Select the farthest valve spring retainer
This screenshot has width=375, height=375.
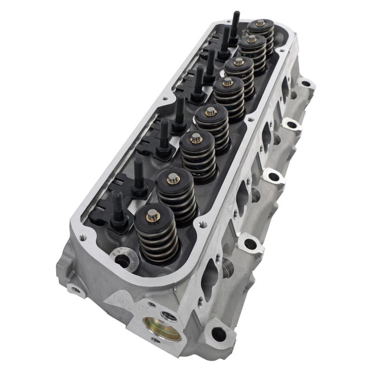(261, 24)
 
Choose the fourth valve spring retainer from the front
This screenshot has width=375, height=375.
(211, 112)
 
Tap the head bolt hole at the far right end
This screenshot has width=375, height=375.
(306, 84)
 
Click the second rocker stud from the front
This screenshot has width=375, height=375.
(139, 174)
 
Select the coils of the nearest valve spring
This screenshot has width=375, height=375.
(156, 238)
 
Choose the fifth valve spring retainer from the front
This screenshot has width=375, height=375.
(228, 82)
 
